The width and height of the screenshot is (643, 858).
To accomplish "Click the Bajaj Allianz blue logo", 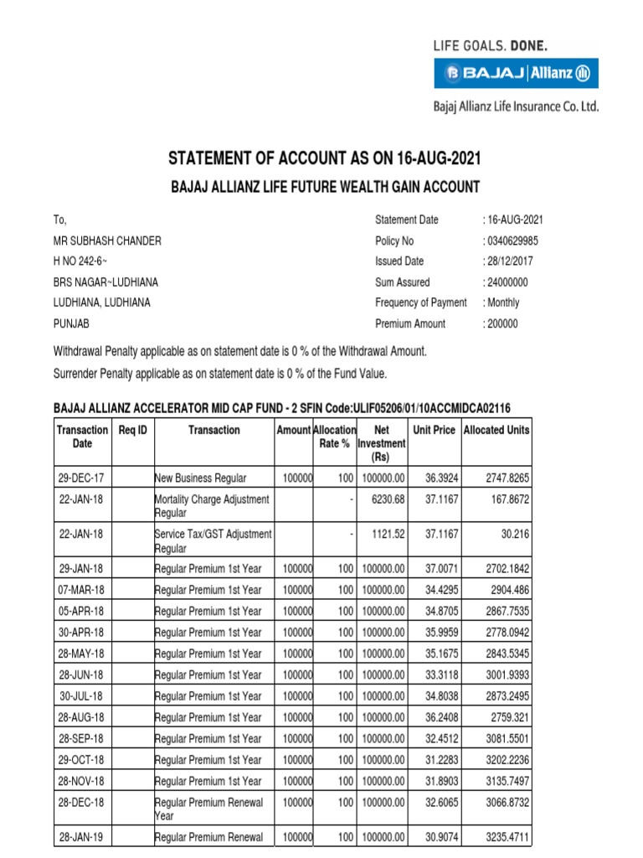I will coord(516,74).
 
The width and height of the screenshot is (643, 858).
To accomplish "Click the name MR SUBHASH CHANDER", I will coord(107,241).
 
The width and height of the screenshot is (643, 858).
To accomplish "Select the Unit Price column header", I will coord(434,430).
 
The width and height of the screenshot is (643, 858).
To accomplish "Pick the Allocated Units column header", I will coord(496,430).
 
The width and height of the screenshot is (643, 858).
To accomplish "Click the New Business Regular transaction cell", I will coord(201,478).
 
